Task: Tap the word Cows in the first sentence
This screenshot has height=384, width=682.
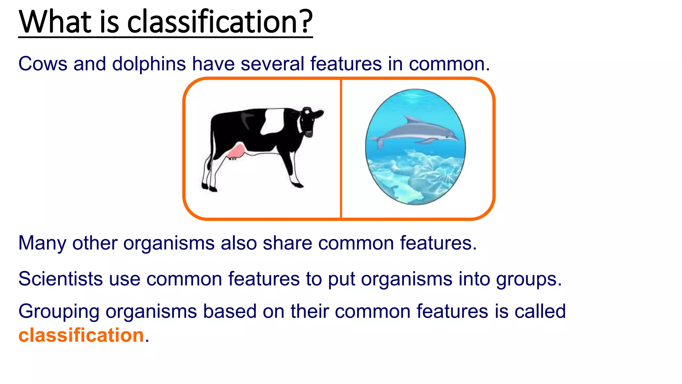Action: [43, 64]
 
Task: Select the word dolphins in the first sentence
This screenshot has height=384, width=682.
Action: [149, 64]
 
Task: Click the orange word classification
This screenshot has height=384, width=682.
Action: [81, 335]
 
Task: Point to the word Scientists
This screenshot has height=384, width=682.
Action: [60, 279]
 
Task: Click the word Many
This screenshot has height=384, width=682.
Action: [42, 243]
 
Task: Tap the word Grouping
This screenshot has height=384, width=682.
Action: [59, 312]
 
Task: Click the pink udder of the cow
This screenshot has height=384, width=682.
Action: [236, 152]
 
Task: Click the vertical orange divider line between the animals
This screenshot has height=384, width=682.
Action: [341, 150]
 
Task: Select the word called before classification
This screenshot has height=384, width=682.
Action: [540, 312]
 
